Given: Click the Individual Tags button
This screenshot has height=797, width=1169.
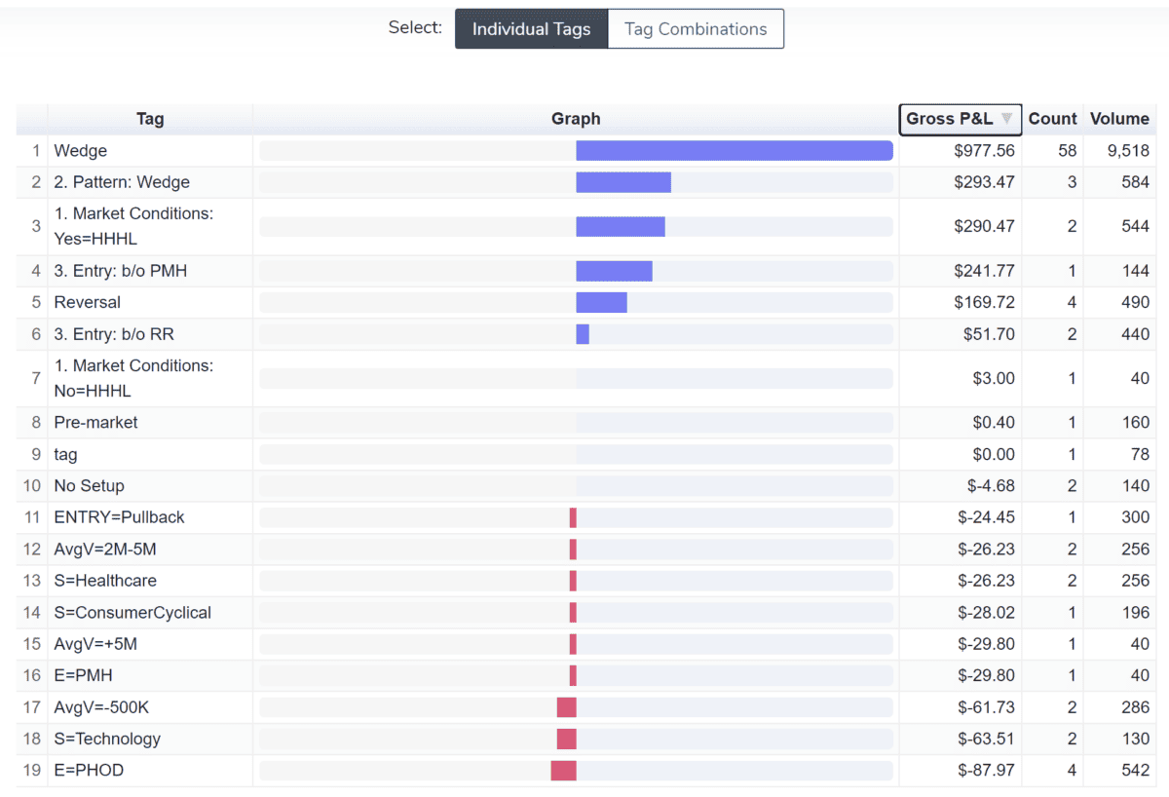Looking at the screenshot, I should click(x=531, y=29).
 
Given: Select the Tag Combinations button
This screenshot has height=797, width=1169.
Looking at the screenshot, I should click(x=696, y=29).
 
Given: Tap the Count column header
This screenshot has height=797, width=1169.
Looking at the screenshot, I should click(x=1052, y=119).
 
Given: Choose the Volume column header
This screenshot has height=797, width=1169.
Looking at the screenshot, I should click(x=1119, y=119).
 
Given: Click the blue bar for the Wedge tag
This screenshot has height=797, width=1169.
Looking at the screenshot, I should click(x=734, y=151).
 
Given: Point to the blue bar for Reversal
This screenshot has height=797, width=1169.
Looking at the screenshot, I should click(x=601, y=302).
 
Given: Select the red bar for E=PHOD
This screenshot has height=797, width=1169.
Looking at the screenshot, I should click(x=563, y=771).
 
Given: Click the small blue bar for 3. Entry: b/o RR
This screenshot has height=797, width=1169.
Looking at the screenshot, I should click(x=583, y=334).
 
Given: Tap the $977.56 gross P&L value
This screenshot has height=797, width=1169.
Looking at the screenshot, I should click(x=984, y=151).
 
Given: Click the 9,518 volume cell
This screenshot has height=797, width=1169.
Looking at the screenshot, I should click(x=1128, y=151).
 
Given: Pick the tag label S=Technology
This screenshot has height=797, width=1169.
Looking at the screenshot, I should click(x=107, y=739).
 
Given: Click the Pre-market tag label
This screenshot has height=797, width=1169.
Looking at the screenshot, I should click(x=95, y=422).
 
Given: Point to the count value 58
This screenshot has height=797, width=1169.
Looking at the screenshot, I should click(x=1067, y=151).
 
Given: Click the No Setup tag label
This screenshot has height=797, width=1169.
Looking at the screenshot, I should click(x=89, y=485).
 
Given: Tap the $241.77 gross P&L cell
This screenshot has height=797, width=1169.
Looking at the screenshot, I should click(x=984, y=271).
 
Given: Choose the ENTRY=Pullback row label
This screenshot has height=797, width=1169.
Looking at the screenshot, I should click(x=119, y=517).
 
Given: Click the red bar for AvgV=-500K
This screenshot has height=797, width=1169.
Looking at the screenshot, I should click(x=566, y=707).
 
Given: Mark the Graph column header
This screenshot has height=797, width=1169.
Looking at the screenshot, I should click(x=576, y=119).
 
